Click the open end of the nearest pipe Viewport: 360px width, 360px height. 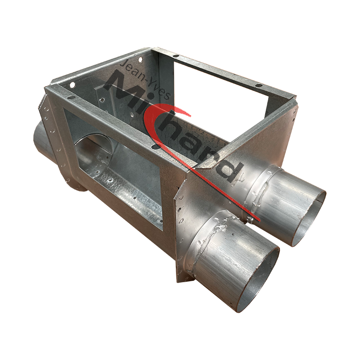256,281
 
